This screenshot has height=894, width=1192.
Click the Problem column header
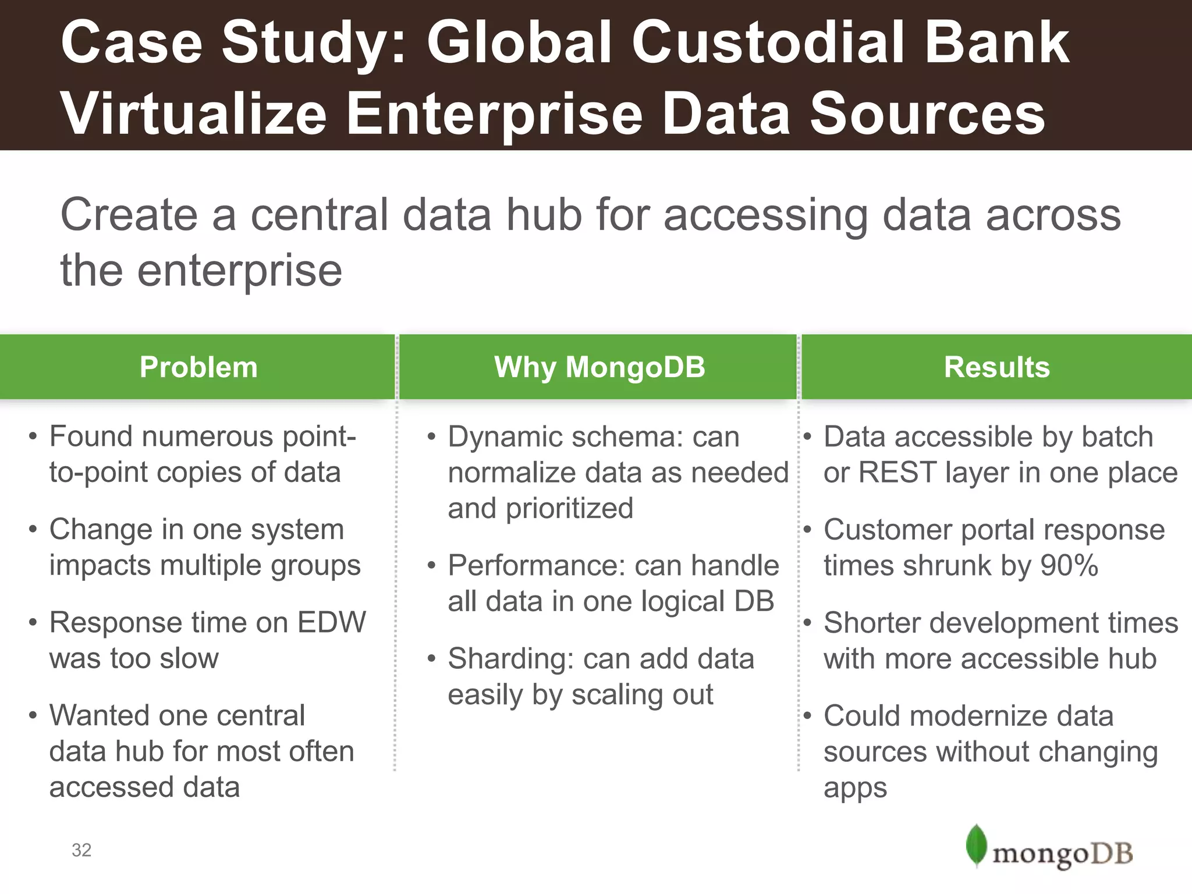[198, 367]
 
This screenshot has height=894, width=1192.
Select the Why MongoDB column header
[599, 367]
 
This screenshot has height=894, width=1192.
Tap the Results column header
[996, 367]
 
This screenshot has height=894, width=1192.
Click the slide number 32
[81, 850]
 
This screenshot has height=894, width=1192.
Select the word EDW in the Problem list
[331, 622]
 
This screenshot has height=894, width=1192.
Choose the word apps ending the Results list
[854, 787]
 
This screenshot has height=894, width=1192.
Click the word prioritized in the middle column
[569, 508]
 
